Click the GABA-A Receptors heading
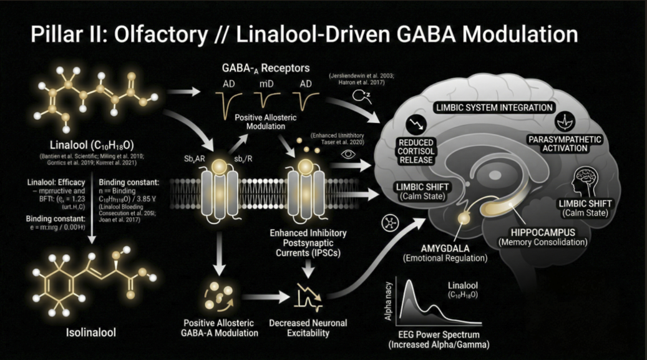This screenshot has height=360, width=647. tap(266, 67)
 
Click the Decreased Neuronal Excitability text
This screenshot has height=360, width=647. tap(308, 328)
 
